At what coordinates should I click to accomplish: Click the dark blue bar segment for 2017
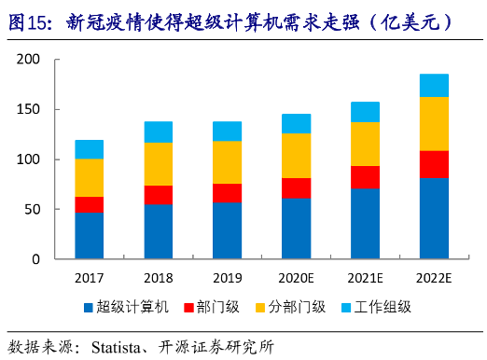(89, 235)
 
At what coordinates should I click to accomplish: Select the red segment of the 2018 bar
(158, 195)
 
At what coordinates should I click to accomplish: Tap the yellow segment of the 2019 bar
(227, 162)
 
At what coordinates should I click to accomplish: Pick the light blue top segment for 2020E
(296, 123)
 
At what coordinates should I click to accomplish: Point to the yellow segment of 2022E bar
(434, 124)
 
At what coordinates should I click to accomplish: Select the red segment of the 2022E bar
(434, 164)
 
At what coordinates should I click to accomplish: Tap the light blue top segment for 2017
(89, 149)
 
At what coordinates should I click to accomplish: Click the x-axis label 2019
(227, 276)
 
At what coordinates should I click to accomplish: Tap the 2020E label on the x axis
(296, 276)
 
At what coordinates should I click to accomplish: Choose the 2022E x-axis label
(434, 276)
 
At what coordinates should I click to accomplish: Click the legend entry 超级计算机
(130, 307)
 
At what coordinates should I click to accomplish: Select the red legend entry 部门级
(221, 307)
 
